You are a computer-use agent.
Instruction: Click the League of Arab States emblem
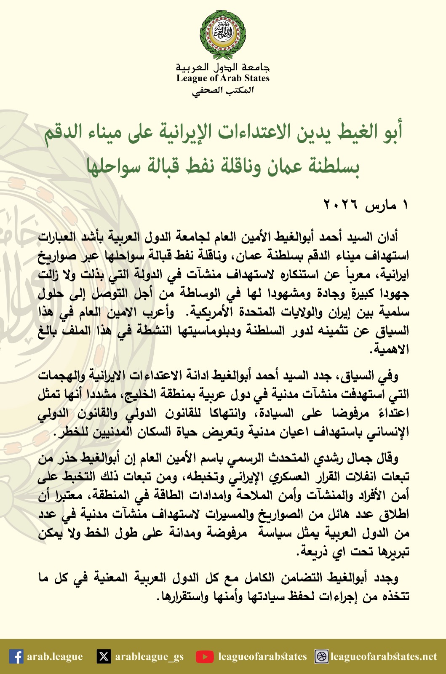(223, 35)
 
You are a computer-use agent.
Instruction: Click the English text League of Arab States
(223, 78)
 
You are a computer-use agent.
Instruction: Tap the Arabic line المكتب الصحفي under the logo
(223, 91)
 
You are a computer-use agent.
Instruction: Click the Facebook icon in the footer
(16, 656)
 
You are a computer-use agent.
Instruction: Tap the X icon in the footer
(104, 656)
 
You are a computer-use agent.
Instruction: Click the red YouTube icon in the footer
(205, 656)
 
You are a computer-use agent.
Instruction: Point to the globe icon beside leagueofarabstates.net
(322, 656)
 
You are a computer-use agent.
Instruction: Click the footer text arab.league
(55, 656)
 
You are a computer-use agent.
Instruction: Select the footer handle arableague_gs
(149, 656)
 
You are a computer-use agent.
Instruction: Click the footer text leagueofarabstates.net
(384, 656)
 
